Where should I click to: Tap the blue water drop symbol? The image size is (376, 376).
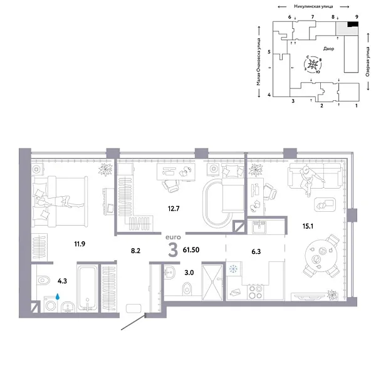pyautogui.click(x=58, y=298)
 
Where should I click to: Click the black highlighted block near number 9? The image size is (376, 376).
pyautogui.click(x=353, y=24)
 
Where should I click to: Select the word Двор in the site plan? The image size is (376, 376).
pyautogui.click(x=328, y=48)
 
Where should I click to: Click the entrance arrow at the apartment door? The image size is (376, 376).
pyautogui.click(x=132, y=325)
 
